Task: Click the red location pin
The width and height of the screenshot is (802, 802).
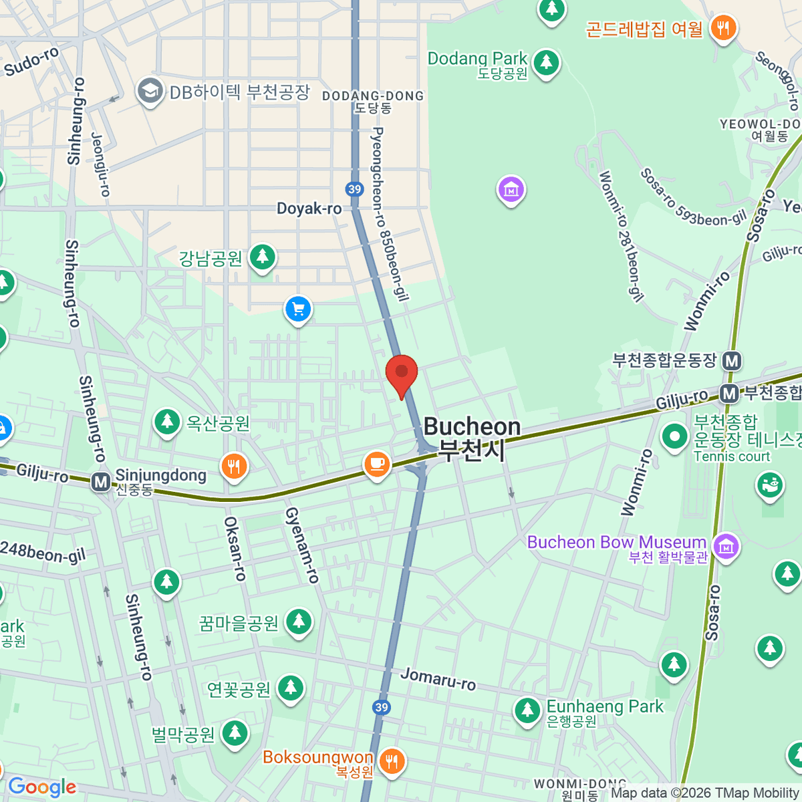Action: [x=402, y=372]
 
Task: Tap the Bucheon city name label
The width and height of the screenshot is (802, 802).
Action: [x=472, y=438]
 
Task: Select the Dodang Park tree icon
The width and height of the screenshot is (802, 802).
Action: [x=547, y=62]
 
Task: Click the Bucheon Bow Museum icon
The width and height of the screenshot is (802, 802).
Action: [x=726, y=545]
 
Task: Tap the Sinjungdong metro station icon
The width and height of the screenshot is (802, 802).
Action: [x=101, y=481]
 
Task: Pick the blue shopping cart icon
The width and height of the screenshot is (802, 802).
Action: [x=298, y=309]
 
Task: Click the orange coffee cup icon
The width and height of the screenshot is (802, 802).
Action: [x=377, y=463]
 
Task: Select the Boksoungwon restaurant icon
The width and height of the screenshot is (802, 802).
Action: [x=392, y=761]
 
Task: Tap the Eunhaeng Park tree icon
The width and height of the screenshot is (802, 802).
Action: [x=527, y=710]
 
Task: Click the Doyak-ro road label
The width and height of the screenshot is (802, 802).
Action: [x=309, y=209]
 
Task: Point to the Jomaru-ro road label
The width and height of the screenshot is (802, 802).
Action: [x=438, y=679]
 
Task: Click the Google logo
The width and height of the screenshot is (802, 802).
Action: [x=42, y=787]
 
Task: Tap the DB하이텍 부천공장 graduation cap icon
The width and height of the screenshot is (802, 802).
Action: [x=150, y=91]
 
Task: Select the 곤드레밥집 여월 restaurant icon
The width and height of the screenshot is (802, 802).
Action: [x=722, y=28]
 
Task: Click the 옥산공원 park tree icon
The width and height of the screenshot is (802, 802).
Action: [x=167, y=422]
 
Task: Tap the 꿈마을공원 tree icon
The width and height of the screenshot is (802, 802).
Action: [x=299, y=622]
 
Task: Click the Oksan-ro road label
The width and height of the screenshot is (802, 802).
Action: [x=235, y=548]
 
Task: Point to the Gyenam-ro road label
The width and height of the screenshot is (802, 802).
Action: [x=302, y=545]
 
